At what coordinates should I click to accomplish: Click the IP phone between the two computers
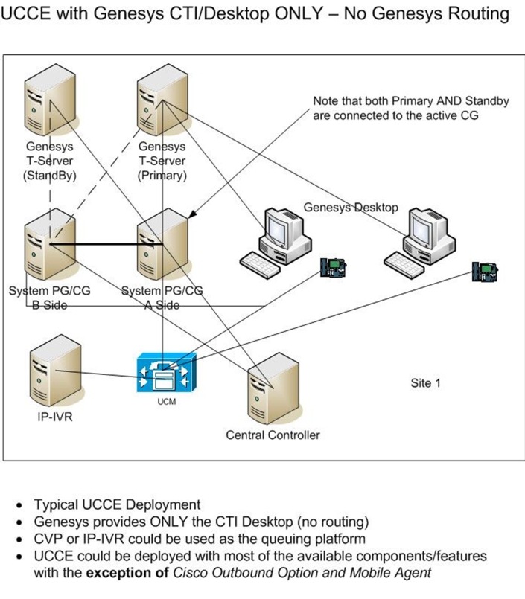(x=331, y=267)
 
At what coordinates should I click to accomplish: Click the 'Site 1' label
(x=426, y=383)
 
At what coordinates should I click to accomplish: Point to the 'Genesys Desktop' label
(x=350, y=207)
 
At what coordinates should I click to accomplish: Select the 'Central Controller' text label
(x=273, y=435)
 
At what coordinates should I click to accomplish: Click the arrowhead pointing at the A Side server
(x=192, y=215)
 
